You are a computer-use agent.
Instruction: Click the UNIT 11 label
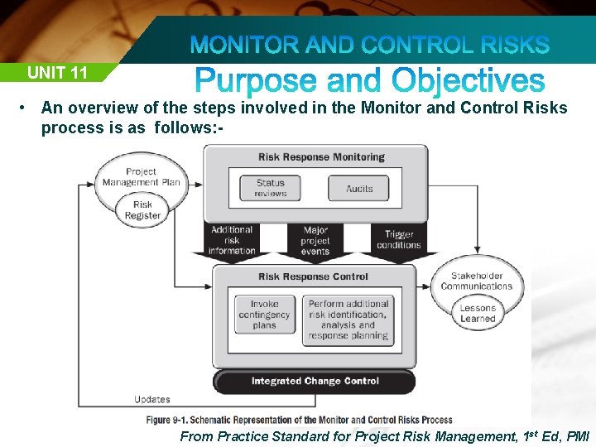click(57, 72)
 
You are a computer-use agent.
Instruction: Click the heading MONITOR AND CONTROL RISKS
click(370, 44)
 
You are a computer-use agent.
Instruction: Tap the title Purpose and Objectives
click(370, 81)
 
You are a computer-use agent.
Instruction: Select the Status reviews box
click(270, 188)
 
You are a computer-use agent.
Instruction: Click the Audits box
click(359, 188)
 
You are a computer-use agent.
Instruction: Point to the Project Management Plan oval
click(141, 177)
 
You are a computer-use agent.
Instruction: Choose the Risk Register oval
click(142, 209)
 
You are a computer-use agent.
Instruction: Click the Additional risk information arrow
click(232, 240)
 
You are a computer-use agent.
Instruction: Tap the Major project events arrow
click(315, 241)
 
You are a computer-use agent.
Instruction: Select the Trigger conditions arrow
click(399, 240)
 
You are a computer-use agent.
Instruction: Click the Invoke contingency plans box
click(264, 315)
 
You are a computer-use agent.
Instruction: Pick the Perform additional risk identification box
click(348, 320)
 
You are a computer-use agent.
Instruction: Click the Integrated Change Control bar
click(315, 381)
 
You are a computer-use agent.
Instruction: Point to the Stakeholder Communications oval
click(477, 281)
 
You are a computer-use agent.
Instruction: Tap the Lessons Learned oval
click(478, 313)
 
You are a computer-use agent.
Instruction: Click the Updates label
click(151, 400)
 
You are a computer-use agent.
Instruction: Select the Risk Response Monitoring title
click(321, 157)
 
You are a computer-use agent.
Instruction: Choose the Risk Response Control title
click(313, 276)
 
